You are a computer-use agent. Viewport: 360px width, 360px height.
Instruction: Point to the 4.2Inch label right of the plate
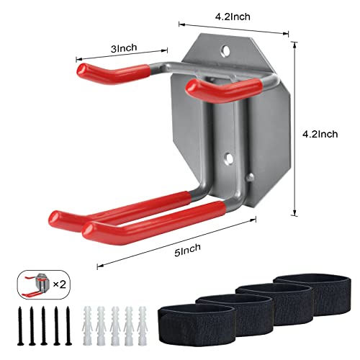click(x=320, y=133)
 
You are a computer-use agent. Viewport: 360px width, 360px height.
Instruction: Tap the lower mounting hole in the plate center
click(x=231, y=156)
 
